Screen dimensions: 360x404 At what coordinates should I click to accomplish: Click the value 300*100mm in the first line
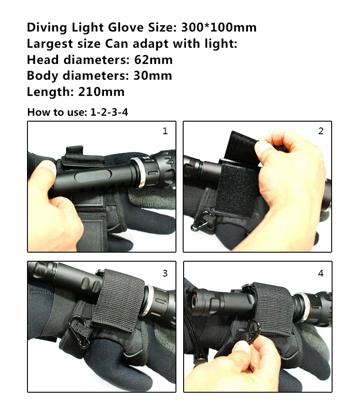(x=219, y=27)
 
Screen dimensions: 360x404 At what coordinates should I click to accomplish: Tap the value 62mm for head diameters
(x=153, y=60)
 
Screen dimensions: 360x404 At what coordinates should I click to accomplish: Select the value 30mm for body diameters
(x=153, y=76)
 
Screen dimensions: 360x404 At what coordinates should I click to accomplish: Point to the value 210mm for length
(x=101, y=92)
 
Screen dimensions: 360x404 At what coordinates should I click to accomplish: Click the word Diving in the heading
(x=47, y=28)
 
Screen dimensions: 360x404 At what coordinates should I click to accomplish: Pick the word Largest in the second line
(x=50, y=44)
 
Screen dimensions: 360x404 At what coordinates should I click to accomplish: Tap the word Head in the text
(x=43, y=60)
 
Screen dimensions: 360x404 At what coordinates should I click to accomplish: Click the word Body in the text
(x=42, y=76)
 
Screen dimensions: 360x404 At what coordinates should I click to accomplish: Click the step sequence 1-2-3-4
(x=109, y=112)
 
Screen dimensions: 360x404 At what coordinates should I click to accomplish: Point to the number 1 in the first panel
(x=165, y=131)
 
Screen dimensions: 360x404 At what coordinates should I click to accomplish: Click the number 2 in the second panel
(x=320, y=131)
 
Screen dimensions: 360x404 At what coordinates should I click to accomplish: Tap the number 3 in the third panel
(x=165, y=273)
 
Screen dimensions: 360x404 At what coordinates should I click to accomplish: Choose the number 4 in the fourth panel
(x=320, y=273)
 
